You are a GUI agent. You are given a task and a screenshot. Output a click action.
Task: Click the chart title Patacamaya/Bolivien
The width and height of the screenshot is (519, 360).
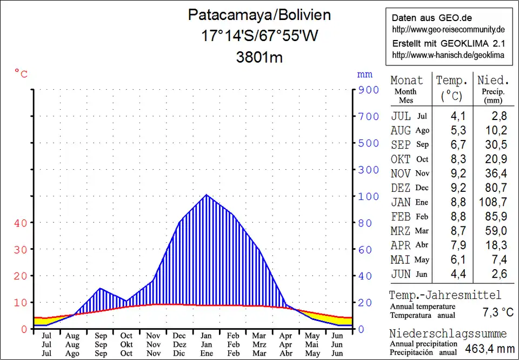[x=259, y=15]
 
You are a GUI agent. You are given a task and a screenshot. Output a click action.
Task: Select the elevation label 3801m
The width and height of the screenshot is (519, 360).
[x=259, y=57]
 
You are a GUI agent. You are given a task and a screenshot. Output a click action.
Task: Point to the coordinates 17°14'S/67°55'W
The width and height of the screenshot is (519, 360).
[x=259, y=36]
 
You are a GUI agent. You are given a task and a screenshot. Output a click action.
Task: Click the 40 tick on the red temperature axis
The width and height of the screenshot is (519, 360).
[x=20, y=223]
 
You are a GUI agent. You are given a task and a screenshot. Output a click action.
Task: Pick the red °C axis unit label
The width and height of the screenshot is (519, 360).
[x=21, y=74]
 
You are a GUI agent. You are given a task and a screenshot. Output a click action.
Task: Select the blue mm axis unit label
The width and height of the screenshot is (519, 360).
[x=364, y=74]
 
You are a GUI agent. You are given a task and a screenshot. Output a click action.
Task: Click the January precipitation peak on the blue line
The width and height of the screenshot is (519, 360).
[x=207, y=195]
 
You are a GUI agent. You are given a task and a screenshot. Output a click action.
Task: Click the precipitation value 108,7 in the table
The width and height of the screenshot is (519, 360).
[x=493, y=202]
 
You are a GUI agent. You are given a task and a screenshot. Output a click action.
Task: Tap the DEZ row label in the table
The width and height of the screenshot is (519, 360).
[x=401, y=188]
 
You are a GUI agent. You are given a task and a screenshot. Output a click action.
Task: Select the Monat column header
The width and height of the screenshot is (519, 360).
[x=407, y=81]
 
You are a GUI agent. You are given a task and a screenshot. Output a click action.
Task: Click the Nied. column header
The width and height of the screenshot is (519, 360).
[x=493, y=81]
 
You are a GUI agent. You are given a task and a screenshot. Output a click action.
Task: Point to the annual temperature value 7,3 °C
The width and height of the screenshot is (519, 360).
[x=497, y=312]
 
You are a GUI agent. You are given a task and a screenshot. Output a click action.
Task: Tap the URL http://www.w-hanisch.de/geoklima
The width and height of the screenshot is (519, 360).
[x=448, y=55]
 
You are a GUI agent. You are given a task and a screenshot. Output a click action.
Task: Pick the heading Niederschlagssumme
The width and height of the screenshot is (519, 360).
[x=448, y=333]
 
